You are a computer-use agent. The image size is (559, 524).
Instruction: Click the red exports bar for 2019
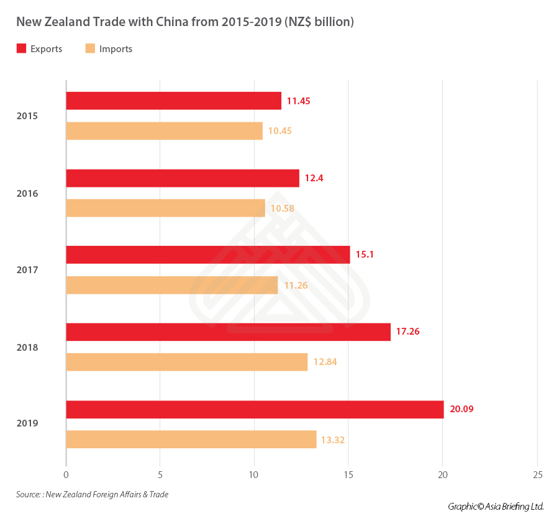255,409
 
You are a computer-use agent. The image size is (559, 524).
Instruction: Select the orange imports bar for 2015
164,131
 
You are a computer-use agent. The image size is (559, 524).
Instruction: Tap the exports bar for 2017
207,255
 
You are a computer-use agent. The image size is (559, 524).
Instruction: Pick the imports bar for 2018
186,362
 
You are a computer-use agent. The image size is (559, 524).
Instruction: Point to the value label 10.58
282,208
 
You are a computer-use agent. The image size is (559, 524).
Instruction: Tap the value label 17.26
407,332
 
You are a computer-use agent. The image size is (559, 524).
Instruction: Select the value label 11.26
295,285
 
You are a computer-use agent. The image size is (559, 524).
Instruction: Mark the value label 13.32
332,440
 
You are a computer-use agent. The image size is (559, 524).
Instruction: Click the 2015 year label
27,116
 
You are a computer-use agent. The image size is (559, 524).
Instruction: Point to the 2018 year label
27,348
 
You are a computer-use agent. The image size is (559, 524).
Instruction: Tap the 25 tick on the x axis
537,476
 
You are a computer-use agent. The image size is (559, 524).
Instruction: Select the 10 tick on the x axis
254,476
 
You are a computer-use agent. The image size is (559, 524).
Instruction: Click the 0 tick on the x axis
66,476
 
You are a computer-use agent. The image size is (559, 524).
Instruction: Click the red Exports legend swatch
21,48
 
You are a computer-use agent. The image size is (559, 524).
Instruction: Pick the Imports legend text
116,49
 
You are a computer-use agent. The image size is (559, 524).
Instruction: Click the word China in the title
155,22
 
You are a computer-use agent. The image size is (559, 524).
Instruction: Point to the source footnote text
92,495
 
